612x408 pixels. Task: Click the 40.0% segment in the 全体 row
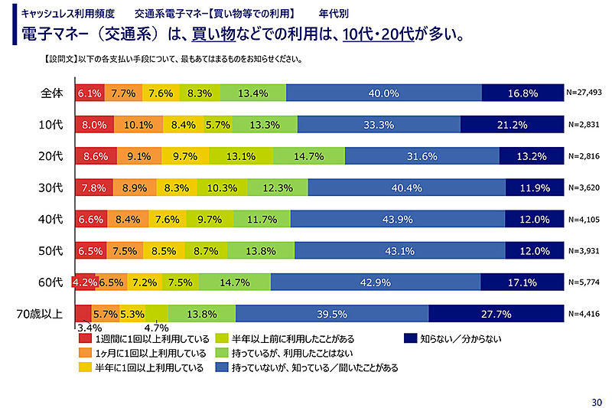384,93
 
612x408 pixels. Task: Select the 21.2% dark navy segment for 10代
512,125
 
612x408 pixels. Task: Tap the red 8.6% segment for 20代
95,156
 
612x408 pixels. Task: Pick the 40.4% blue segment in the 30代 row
407,188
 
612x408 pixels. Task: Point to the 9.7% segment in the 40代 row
209,219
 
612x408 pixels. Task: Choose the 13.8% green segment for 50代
262,250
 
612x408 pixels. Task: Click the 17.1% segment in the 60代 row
522,282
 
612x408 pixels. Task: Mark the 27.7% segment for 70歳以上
496,313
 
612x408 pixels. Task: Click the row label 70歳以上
40,313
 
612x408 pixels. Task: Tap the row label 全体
51,93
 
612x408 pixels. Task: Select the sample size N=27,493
585,93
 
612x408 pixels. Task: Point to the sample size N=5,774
585,282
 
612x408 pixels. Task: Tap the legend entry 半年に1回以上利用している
149,367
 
